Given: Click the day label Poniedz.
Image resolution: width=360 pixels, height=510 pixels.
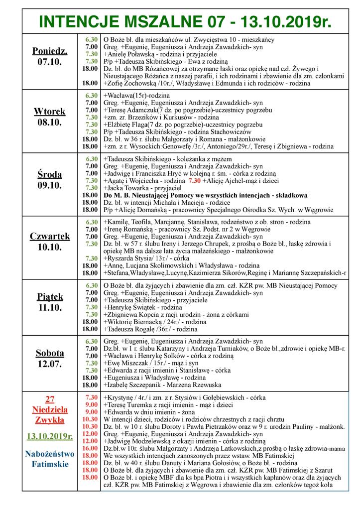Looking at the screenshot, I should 50,51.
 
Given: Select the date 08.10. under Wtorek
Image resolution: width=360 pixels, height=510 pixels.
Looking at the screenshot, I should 50,121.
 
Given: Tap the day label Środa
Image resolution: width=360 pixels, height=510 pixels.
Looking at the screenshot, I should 50,174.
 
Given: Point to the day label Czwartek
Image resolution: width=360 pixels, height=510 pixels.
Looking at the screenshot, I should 50,236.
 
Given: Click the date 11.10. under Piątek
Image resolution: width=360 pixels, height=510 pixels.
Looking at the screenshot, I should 50,308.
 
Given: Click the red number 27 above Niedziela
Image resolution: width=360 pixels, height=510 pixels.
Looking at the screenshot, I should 49,398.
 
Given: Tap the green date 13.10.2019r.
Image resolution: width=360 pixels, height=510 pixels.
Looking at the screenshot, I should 50,437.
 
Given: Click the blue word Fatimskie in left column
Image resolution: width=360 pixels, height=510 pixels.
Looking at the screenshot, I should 50,464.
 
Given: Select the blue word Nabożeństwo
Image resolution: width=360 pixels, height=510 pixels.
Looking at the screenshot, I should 50,454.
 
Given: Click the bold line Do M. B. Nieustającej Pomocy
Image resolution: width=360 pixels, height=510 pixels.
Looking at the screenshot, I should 205,195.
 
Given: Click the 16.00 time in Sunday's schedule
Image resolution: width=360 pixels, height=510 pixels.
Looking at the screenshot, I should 90,448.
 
